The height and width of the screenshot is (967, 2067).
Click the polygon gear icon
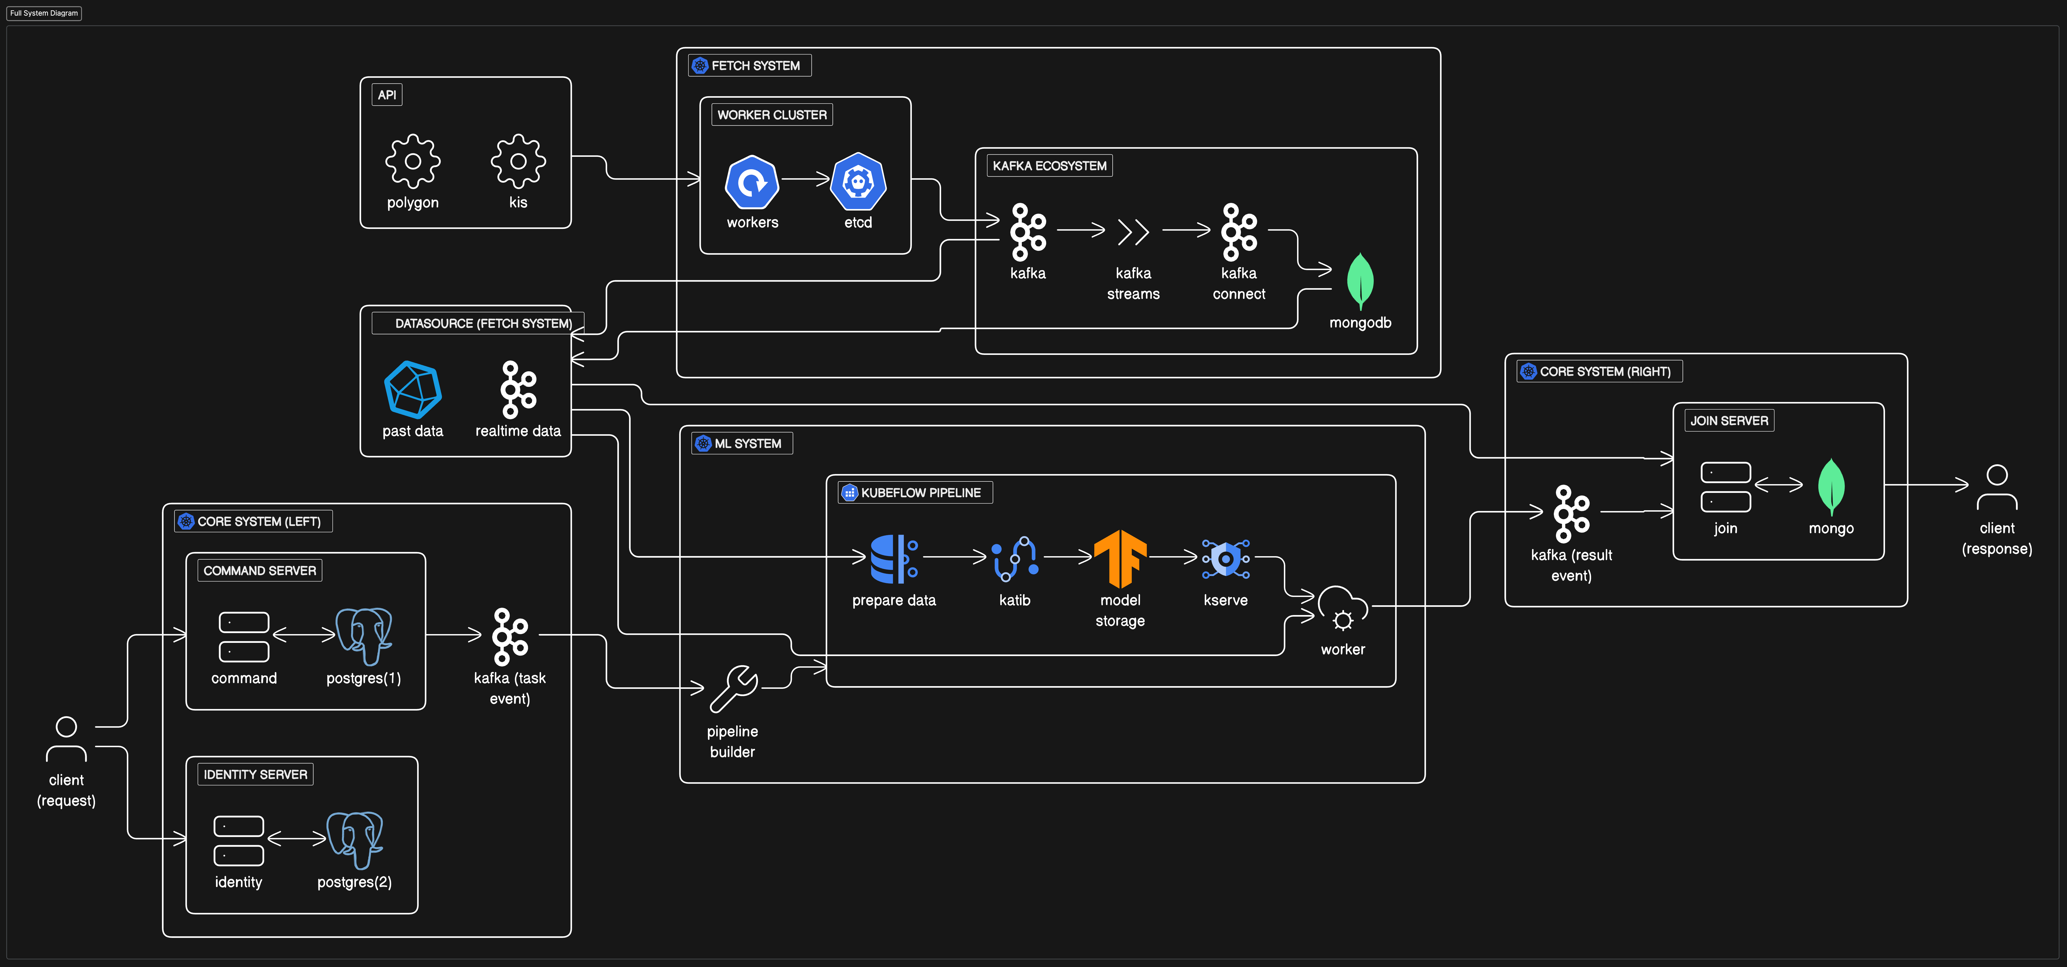click(x=412, y=161)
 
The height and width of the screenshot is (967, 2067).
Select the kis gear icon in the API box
click(x=518, y=161)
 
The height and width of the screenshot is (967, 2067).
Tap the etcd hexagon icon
click(x=858, y=181)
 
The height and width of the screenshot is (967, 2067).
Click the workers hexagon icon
click(x=752, y=181)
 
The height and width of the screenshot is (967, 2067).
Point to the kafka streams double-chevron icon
click(x=1133, y=232)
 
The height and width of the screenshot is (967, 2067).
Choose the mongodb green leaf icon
click(x=1360, y=281)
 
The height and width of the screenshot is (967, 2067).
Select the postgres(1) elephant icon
click(x=363, y=636)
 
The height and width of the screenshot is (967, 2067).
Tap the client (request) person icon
click(x=67, y=738)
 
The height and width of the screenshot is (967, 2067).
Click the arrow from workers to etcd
click(x=805, y=179)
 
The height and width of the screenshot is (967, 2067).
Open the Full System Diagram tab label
click(x=44, y=13)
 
